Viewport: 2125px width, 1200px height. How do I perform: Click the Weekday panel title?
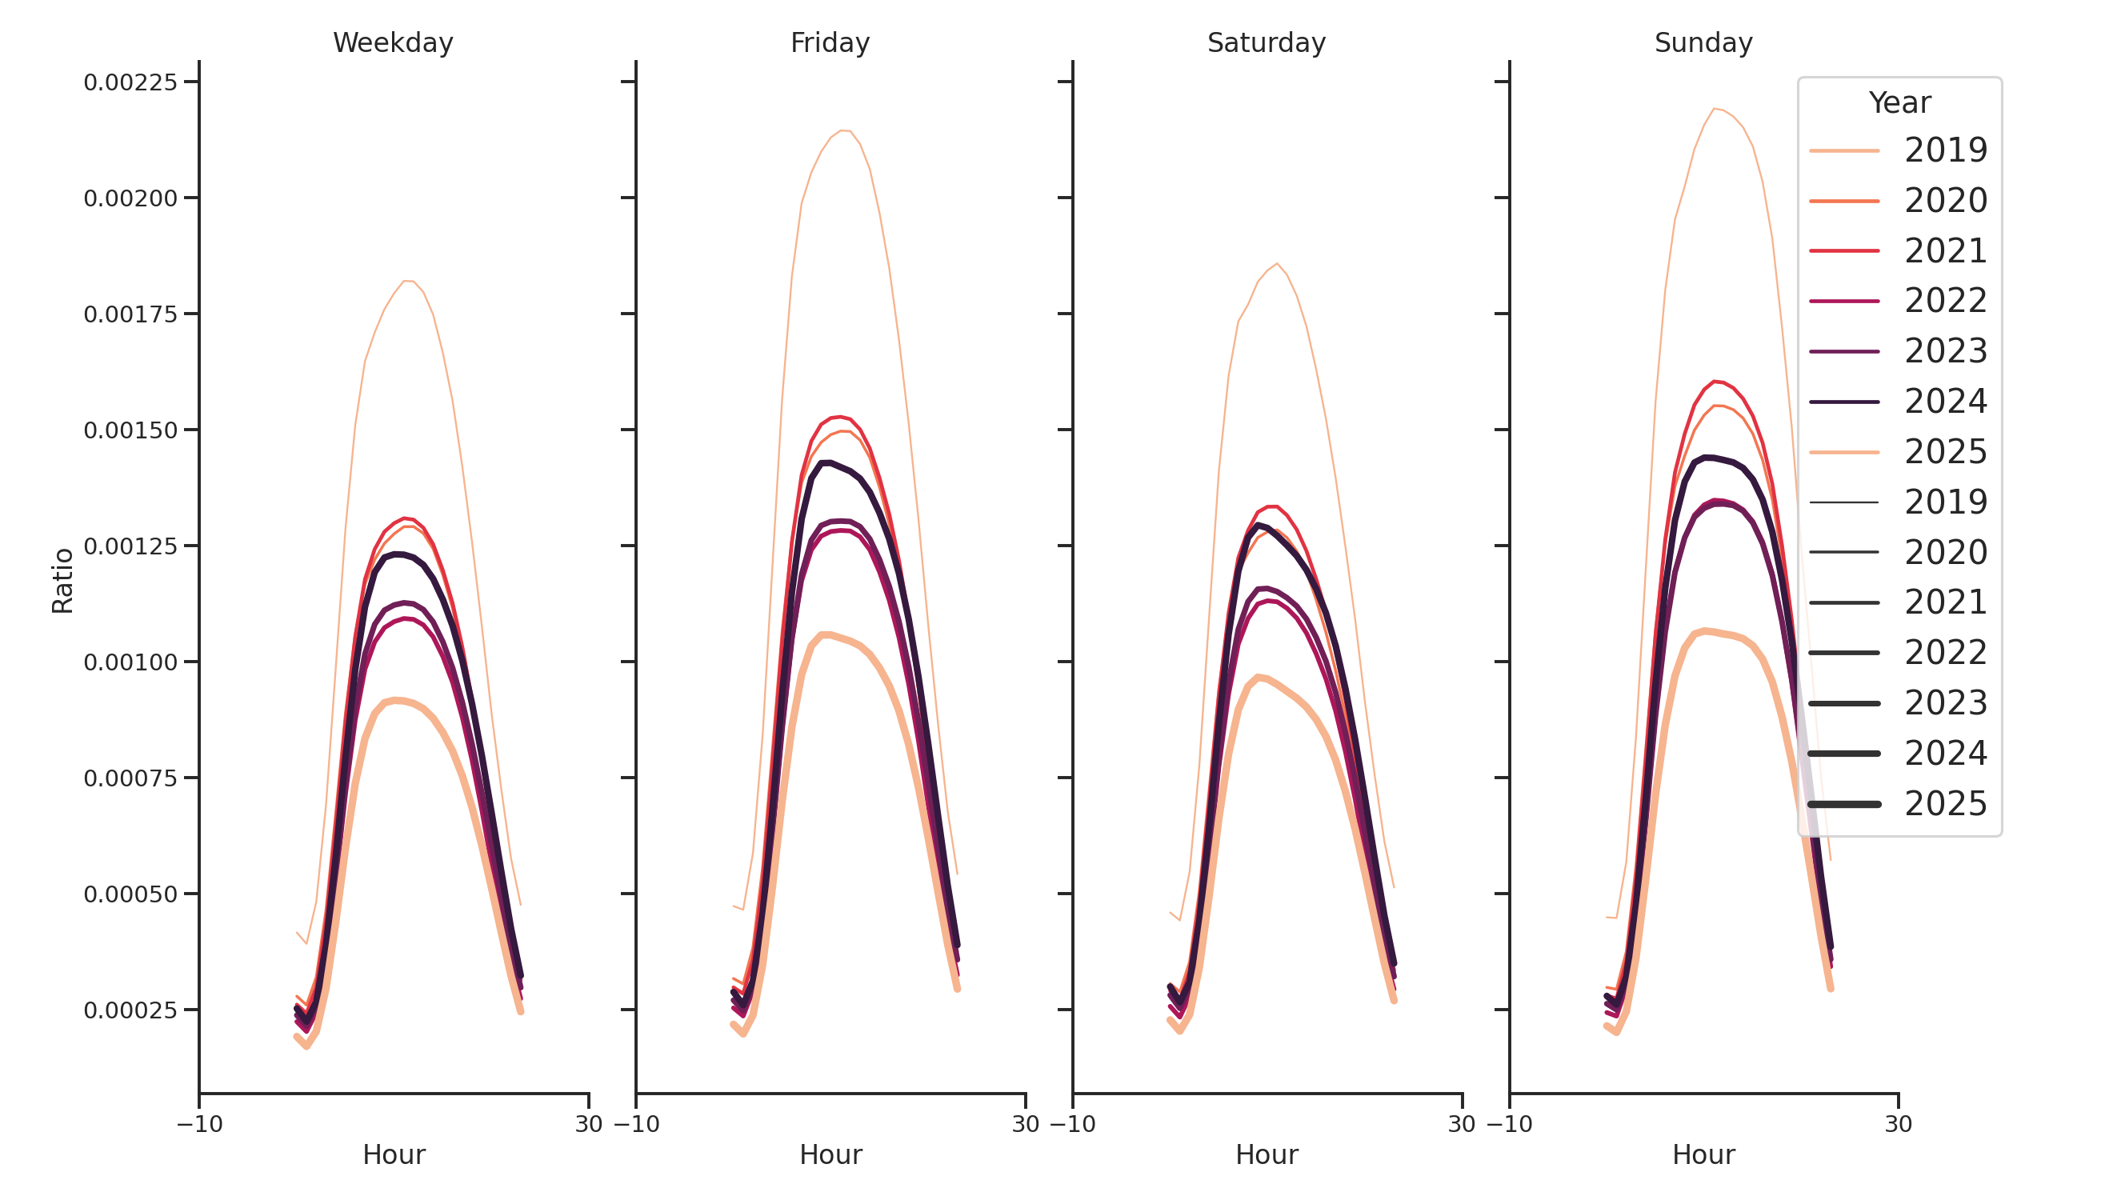pyautogui.click(x=393, y=43)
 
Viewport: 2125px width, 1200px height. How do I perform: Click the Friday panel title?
pyautogui.click(x=830, y=43)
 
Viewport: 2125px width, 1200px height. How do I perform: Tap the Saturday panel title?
pyautogui.click(x=1267, y=43)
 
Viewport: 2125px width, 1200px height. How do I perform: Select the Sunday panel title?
pyautogui.click(x=1703, y=43)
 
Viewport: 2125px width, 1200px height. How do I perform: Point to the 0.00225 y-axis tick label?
pyautogui.click(x=130, y=82)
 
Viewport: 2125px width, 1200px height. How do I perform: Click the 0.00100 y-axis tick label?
pyautogui.click(x=130, y=662)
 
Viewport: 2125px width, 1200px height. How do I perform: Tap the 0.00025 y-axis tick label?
pyautogui.click(x=130, y=1010)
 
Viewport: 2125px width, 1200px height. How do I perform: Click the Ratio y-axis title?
pyautogui.click(x=62, y=581)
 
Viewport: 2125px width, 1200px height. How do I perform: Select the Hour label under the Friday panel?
pyautogui.click(x=830, y=1154)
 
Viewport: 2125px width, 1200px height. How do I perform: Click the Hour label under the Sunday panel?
pyautogui.click(x=1703, y=1154)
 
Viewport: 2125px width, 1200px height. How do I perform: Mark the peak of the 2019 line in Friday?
pyautogui.click(x=842, y=130)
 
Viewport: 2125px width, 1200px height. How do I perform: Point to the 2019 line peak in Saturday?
pyautogui.click(x=1277, y=264)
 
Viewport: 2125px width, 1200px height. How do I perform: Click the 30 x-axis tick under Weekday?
pyautogui.click(x=589, y=1124)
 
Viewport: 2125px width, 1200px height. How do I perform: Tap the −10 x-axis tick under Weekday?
pyautogui.click(x=200, y=1124)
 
